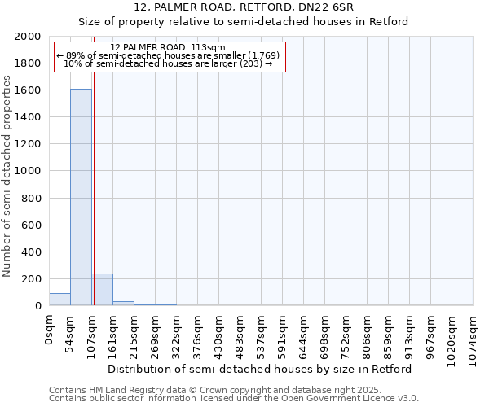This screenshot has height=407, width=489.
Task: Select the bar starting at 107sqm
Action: point(102,289)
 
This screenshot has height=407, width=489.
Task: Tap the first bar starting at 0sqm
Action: point(59,299)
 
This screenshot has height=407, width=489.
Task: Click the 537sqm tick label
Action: point(262,332)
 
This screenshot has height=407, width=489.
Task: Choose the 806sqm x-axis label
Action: point(368,332)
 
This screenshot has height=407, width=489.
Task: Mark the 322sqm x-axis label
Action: point(177,332)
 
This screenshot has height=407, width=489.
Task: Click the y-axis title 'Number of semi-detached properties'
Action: point(7,176)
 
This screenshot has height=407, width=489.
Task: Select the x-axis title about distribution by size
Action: point(260,369)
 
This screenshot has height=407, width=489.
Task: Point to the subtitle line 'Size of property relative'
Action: point(243,22)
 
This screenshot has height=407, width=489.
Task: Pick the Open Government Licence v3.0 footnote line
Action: point(233,399)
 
